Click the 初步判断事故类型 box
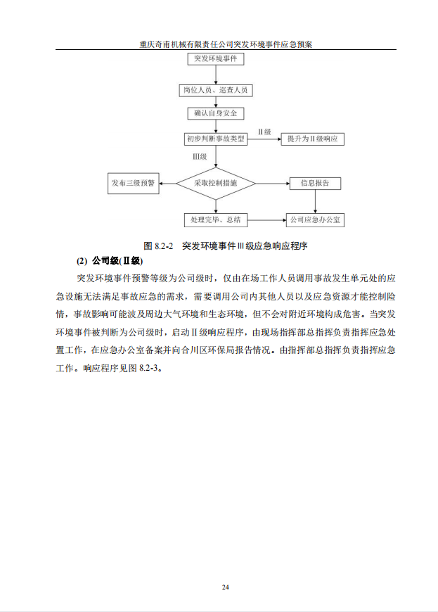click(x=216, y=139)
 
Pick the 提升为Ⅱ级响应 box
click(x=312, y=139)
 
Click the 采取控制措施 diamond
click(x=216, y=184)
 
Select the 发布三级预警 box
click(x=134, y=184)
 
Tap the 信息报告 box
click(x=316, y=184)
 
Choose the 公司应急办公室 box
click(x=316, y=220)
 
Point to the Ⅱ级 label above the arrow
click(x=264, y=132)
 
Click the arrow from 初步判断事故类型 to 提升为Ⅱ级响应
click(x=264, y=139)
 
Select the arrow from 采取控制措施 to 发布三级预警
click(x=168, y=184)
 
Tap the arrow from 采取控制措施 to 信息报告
click(x=273, y=184)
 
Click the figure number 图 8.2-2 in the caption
click(x=158, y=246)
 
